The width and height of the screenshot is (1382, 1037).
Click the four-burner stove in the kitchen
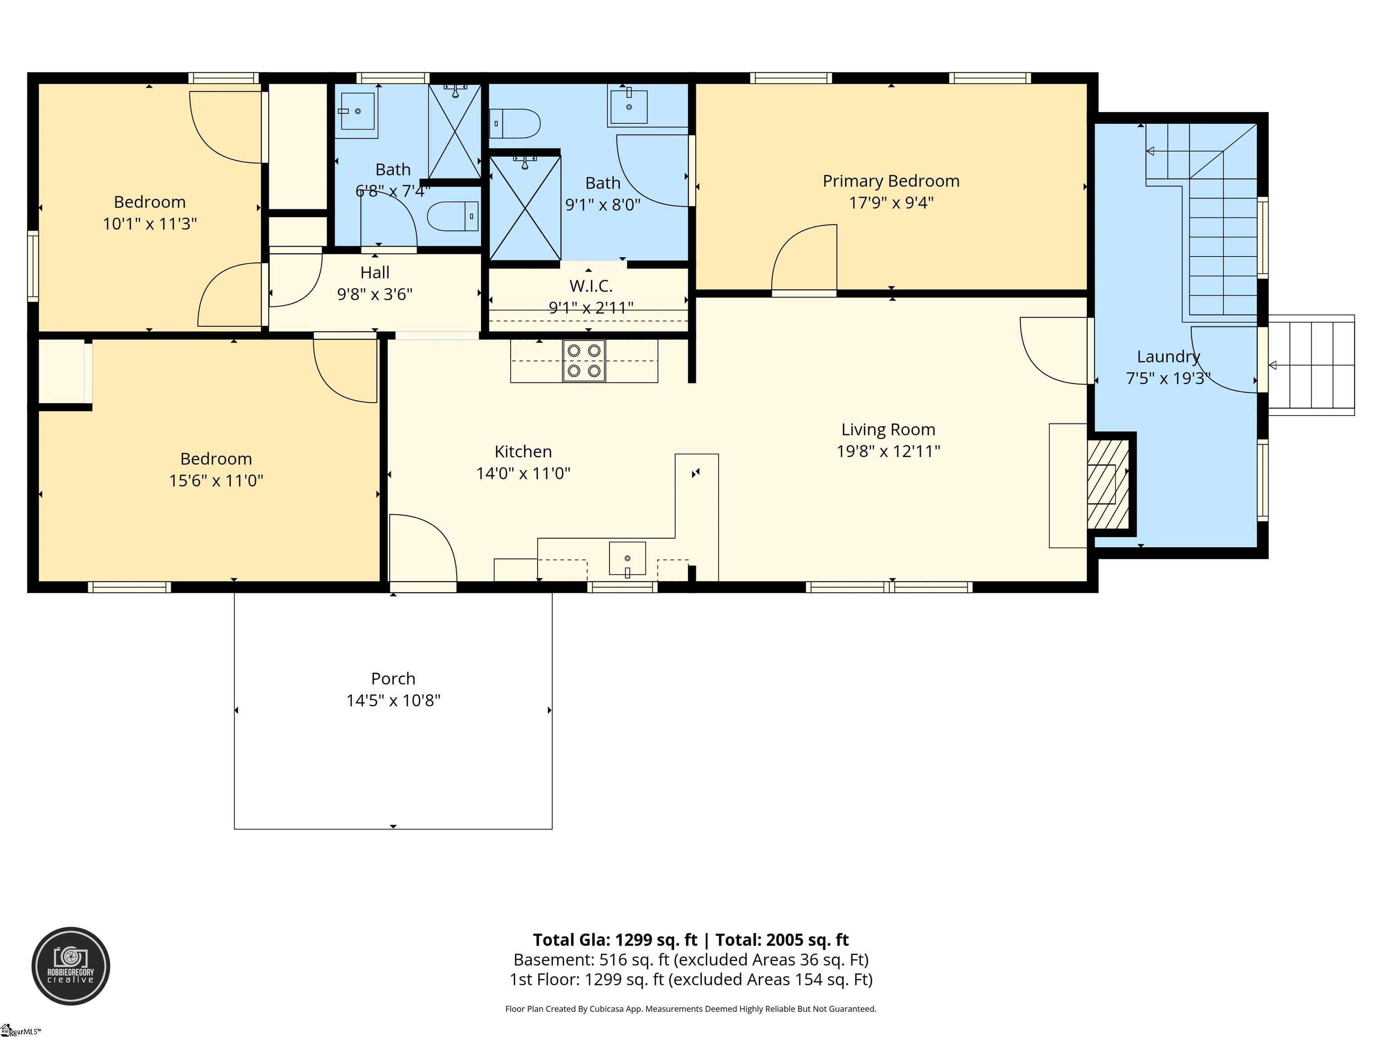pyautogui.click(x=584, y=360)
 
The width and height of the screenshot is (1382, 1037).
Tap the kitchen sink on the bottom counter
pyautogui.click(x=627, y=558)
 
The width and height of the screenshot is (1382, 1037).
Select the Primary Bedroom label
pyautogui.click(x=890, y=181)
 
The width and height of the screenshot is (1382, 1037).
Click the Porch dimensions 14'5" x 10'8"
pyautogui.click(x=393, y=700)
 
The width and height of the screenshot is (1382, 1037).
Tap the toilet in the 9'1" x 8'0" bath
pyautogui.click(x=514, y=124)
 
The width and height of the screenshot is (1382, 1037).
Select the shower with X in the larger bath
pyautogui.click(x=525, y=208)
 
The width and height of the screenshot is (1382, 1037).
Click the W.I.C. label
pyautogui.click(x=590, y=286)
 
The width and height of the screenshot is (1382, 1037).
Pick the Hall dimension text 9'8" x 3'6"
pyautogui.click(x=374, y=294)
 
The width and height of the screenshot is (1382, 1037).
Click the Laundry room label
pyautogui.click(x=1168, y=357)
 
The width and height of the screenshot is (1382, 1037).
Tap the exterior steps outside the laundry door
pyautogui.click(x=1312, y=365)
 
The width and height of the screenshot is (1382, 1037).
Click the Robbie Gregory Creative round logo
pyautogui.click(x=71, y=966)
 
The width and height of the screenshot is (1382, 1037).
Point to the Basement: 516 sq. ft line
pyautogui.click(x=691, y=960)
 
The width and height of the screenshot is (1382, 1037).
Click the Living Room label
pyautogui.click(x=888, y=429)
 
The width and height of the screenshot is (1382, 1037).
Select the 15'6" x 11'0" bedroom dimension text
pyautogui.click(x=216, y=480)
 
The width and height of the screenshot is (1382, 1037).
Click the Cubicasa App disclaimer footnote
pyautogui.click(x=691, y=1009)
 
